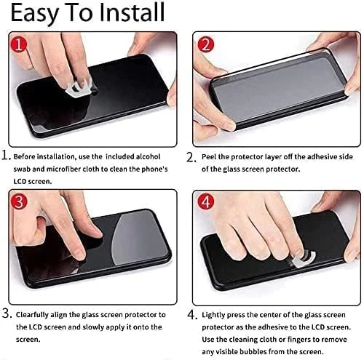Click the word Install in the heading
tap(132, 12)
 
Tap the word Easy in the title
tap(33, 15)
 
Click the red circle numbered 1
tap(19, 44)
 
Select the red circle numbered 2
tap(206, 45)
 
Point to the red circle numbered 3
tap(19, 202)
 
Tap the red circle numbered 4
tap(206, 202)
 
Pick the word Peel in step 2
tap(209, 157)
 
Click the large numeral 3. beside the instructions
tap(7, 313)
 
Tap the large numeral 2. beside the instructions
tap(191, 157)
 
